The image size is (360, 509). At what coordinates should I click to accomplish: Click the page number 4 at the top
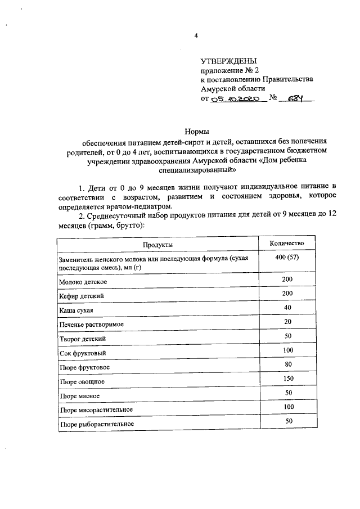[x=196, y=36]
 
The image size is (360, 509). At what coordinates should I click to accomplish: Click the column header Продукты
[x=157, y=245]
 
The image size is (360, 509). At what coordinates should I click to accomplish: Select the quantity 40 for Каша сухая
[x=287, y=307]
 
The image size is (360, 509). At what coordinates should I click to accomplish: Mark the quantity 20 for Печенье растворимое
[x=287, y=322]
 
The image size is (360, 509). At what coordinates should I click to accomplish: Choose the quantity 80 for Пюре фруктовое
[x=287, y=364]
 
